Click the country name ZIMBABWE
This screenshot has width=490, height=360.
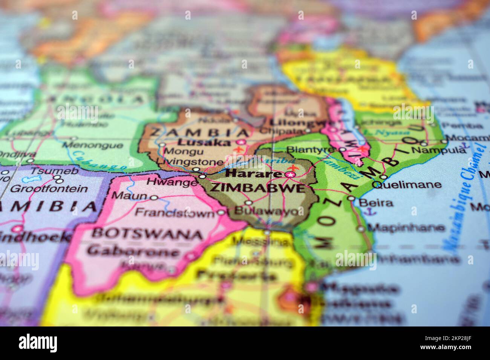[257, 188]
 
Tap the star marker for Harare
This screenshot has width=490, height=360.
[290, 174]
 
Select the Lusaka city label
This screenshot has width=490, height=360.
[204, 142]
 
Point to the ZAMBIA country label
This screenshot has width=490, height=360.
[200, 132]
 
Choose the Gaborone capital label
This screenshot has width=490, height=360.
[133, 251]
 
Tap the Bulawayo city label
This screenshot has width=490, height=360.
[266, 211]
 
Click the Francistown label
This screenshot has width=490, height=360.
[175, 213]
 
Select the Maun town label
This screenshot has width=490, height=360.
[129, 196]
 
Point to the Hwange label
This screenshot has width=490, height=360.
[171, 182]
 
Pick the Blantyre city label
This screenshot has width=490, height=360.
[311, 149]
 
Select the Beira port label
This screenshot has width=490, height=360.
[376, 203]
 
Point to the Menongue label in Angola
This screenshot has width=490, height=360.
[92, 145]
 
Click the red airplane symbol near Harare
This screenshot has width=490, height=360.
[293, 167]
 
